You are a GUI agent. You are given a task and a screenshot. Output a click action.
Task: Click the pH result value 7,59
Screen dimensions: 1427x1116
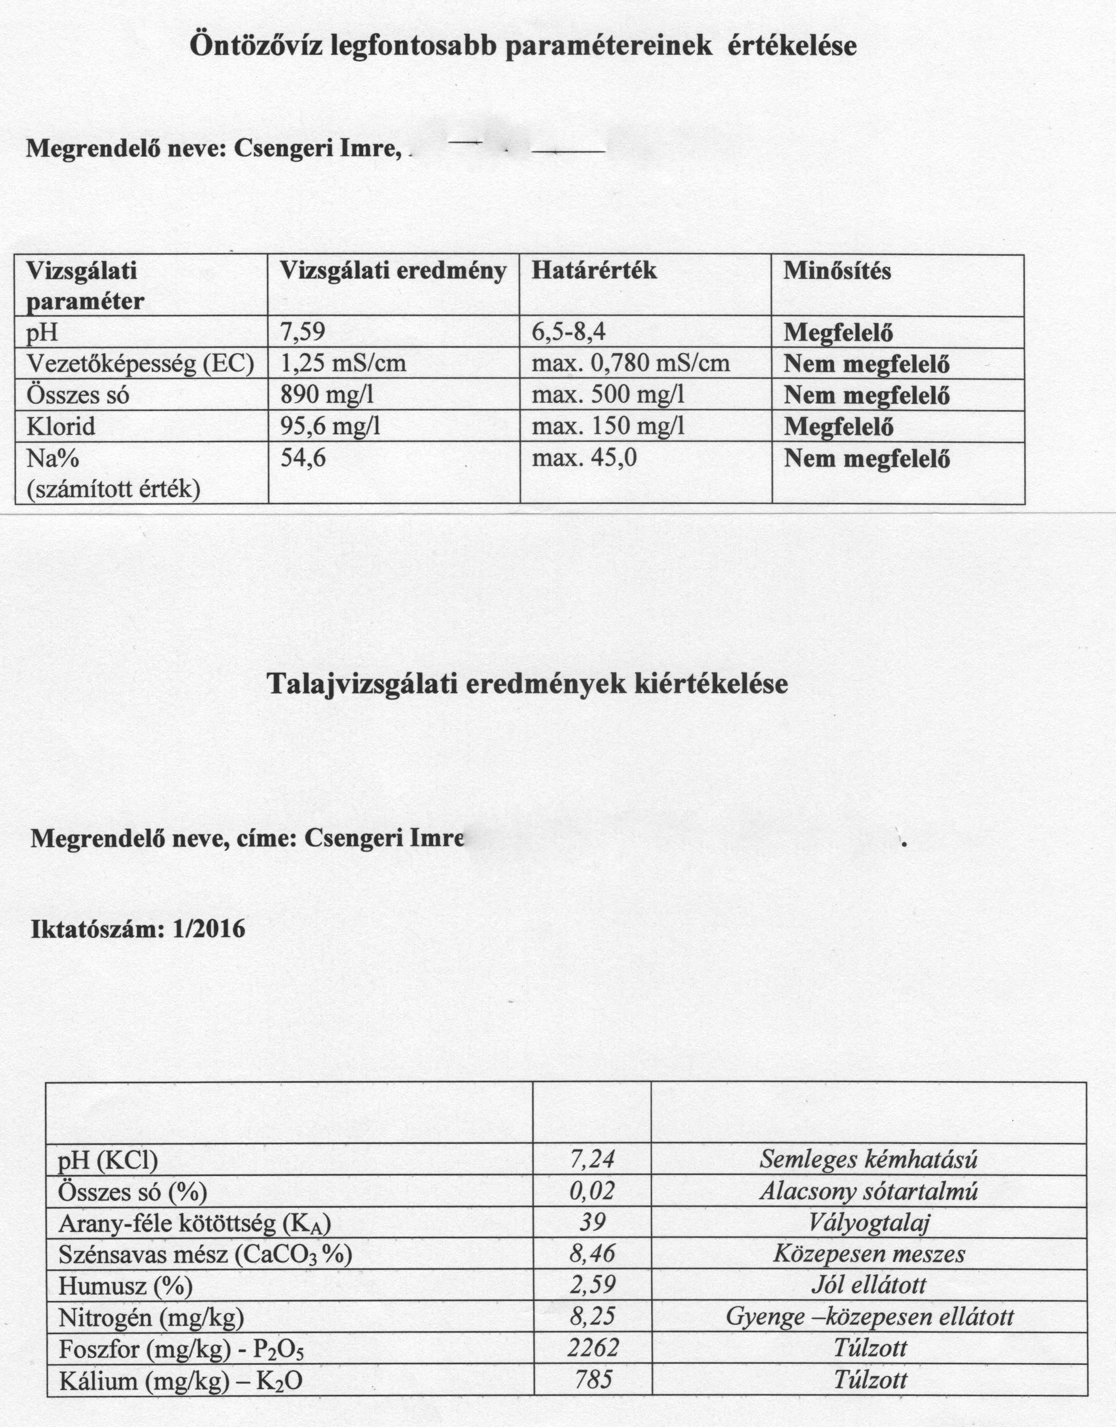(302, 333)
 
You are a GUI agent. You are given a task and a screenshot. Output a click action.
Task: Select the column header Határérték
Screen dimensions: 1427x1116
(593, 270)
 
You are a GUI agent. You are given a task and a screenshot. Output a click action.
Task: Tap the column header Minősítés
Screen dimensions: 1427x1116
(837, 270)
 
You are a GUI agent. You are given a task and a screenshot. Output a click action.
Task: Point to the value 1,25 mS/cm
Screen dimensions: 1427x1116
(342, 363)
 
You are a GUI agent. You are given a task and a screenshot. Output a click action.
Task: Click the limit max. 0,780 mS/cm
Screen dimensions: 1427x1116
(631, 363)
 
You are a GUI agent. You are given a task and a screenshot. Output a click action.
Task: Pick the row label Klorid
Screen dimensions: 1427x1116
(61, 426)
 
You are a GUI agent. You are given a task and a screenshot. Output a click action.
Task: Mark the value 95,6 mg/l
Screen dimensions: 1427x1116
(330, 426)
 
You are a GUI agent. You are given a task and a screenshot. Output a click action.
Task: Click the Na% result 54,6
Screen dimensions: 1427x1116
(302, 458)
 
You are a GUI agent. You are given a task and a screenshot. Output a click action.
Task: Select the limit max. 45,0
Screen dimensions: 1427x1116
(584, 458)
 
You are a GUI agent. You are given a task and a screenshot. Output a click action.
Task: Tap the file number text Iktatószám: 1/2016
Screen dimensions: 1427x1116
(139, 929)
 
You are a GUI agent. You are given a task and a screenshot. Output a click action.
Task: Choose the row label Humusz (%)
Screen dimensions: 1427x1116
(125, 1285)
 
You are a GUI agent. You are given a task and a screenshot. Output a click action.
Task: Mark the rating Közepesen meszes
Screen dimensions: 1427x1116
(869, 1253)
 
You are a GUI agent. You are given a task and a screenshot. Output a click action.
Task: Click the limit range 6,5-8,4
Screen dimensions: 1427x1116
(569, 333)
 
